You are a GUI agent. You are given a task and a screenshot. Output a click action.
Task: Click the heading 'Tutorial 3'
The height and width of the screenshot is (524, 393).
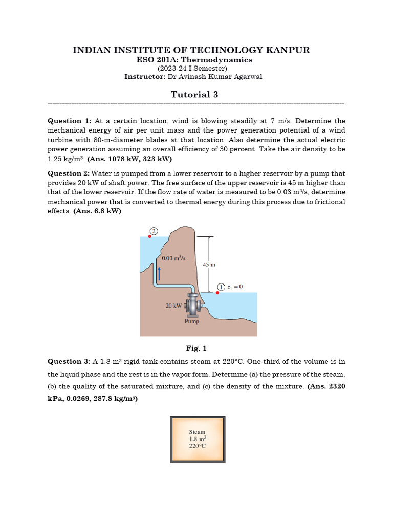196,94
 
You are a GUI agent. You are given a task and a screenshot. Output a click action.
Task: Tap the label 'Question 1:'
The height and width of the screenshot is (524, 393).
69,121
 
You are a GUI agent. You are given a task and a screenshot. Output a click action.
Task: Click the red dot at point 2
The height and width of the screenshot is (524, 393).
150,236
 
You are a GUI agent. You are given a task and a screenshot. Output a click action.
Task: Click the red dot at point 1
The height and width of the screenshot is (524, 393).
217,293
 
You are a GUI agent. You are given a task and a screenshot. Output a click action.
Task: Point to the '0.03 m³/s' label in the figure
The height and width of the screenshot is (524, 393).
173,258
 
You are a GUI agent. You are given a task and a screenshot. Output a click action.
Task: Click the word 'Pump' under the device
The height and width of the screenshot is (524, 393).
192,322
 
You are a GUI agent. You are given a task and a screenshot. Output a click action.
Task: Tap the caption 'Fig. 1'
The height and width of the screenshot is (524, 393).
196,348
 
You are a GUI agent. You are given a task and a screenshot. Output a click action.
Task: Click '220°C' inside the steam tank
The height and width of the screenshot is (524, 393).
197,446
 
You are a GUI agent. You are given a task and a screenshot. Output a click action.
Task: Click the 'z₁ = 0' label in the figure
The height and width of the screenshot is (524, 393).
235,287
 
